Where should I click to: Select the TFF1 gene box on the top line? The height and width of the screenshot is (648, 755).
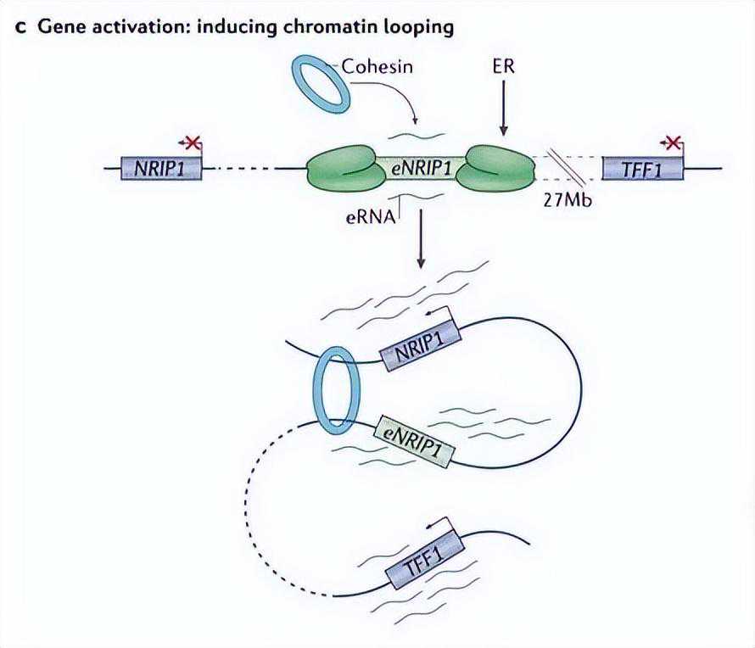click(642, 168)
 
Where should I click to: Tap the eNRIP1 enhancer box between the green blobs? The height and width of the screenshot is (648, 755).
click(421, 168)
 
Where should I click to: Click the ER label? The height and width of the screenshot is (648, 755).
click(503, 65)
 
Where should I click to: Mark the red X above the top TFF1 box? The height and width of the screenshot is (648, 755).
click(673, 142)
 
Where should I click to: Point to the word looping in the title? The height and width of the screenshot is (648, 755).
click(420, 27)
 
